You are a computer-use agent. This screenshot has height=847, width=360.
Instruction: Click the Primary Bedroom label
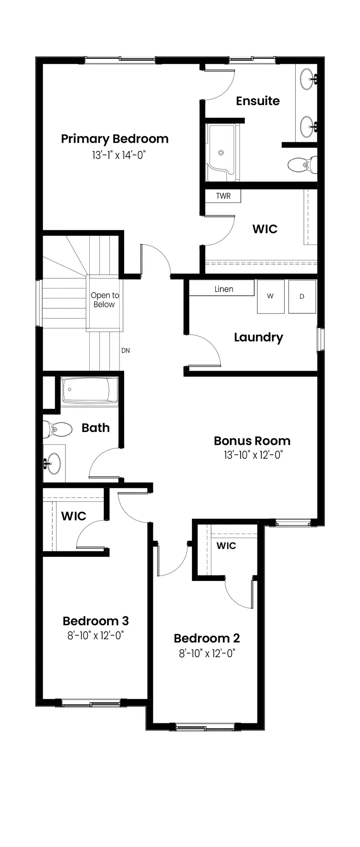click(x=115, y=139)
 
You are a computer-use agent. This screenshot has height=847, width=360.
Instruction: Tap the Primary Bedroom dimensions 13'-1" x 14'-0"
click(x=119, y=155)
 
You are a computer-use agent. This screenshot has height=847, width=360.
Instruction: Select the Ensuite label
click(x=258, y=101)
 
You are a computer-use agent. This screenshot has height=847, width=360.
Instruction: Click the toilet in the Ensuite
click(x=302, y=164)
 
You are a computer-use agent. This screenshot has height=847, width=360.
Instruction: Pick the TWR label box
click(x=223, y=196)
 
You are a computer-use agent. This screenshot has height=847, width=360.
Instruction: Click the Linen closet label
click(x=224, y=289)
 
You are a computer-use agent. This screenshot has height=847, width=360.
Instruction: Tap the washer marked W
click(x=271, y=296)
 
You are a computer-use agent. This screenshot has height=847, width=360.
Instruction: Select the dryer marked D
click(x=302, y=296)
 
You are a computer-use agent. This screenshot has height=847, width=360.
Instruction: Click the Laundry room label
click(x=258, y=338)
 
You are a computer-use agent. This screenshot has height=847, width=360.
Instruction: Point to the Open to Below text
click(x=105, y=300)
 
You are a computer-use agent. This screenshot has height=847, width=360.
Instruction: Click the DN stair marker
click(x=125, y=351)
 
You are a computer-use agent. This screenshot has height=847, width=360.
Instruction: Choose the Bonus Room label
click(x=252, y=441)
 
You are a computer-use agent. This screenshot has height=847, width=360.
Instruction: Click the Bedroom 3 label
click(x=96, y=621)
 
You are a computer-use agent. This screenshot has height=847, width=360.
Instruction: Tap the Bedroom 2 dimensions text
click(x=207, y=653)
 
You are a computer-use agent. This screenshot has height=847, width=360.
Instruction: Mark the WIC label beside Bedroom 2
click(x=226, y=545)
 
